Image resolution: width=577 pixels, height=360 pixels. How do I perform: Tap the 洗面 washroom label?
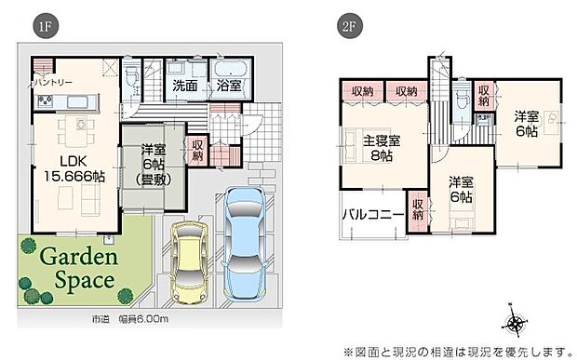click(184, 86)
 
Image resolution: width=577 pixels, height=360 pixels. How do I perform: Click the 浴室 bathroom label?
click(229, 86)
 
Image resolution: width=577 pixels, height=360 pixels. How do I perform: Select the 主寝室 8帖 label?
click(382, 150)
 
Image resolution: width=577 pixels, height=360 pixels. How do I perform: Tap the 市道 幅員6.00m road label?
click(129, 319)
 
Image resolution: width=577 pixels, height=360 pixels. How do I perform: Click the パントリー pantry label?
click(55, 83)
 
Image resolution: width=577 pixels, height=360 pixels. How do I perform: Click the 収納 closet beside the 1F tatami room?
click(197, 151)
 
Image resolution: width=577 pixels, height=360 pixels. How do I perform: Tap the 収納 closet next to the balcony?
click(418, 209)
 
